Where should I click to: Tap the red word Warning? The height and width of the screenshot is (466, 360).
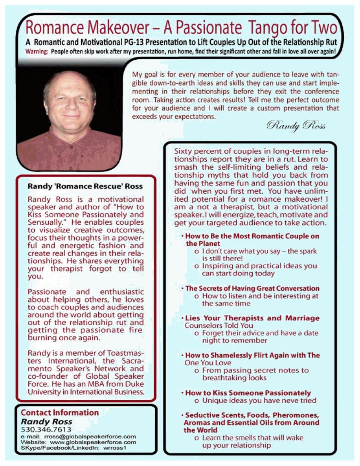[x=37, y=51]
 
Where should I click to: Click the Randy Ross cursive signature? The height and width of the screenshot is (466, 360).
[x=296, y=127]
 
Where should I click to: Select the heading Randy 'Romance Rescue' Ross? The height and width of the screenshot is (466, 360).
[x=85, y=186]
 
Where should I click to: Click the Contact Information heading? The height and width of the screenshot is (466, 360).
[x=60, y=413]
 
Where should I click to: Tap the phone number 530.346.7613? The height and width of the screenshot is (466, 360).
[x=46, y=429]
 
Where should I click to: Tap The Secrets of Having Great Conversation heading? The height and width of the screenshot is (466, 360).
[x=252, y=288]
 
